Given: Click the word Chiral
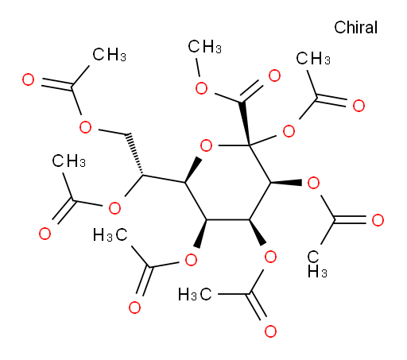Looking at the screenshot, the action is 355,27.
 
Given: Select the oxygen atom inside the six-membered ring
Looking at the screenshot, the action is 206,145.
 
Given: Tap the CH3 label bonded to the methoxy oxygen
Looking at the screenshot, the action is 204,47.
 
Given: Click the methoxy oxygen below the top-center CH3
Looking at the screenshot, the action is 201,88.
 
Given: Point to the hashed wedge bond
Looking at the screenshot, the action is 134,154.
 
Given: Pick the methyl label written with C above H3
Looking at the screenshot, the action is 317,264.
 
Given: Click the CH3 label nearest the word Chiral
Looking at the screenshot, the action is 313,58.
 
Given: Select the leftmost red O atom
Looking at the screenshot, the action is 28,79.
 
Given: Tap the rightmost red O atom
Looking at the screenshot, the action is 378,220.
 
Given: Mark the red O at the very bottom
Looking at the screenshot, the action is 270,331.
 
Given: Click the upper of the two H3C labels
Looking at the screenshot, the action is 110,235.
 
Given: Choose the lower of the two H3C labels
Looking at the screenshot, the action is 195,294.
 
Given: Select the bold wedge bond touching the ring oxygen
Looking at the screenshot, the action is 193,169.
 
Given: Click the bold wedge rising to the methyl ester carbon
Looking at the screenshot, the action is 245,123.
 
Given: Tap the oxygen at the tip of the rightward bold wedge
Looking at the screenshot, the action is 313,183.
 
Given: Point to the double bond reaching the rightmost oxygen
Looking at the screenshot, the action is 350,220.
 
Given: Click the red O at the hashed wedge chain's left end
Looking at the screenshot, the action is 85,127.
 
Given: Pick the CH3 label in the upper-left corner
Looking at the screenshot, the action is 109,55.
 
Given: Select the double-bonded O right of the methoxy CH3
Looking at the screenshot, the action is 274,75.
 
